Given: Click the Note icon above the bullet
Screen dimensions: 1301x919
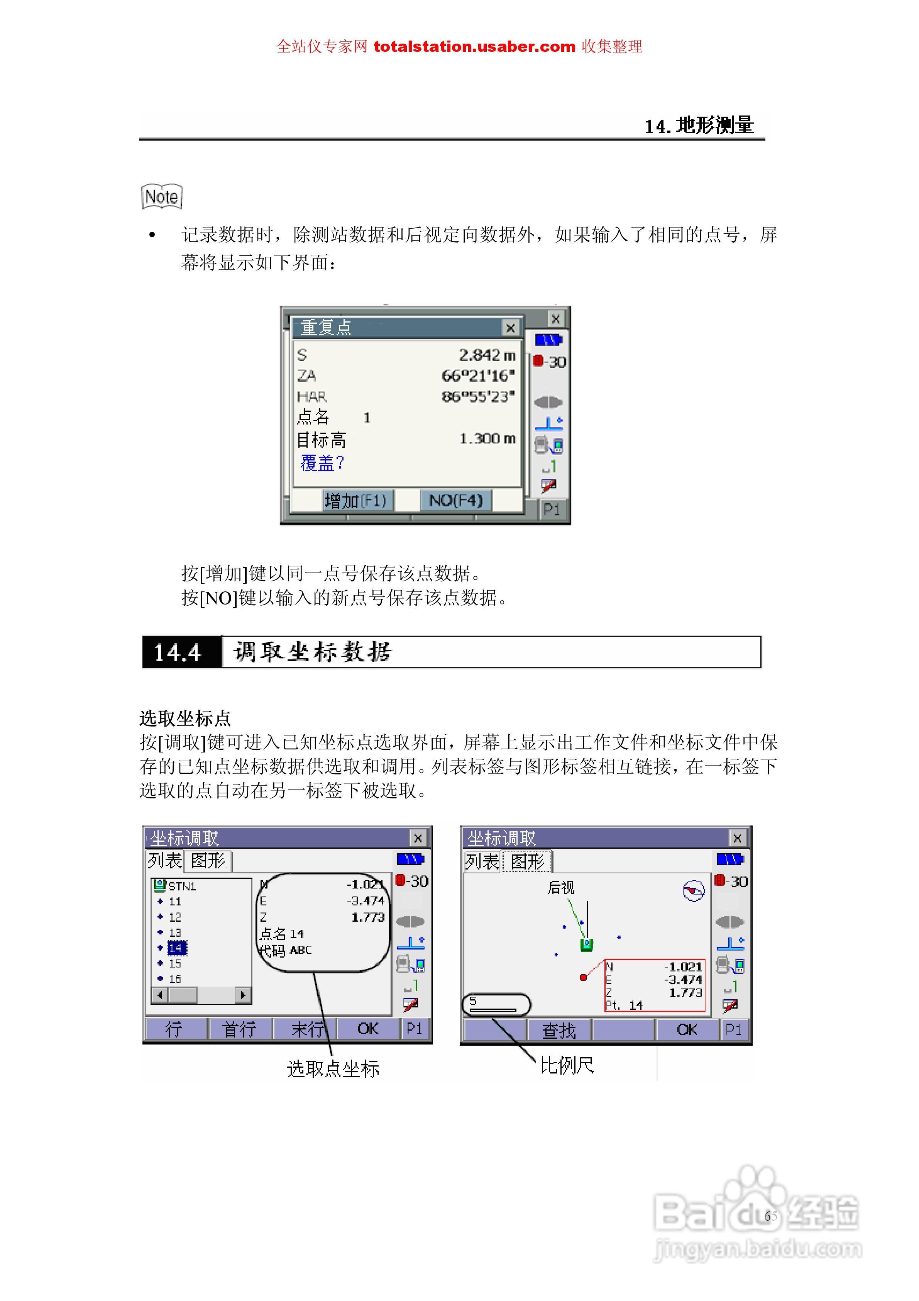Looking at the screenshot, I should (x=162, y=197).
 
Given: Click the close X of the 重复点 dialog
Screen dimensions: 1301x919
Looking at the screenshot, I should (x=510, y=328).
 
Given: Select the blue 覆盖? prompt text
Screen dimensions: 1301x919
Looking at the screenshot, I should (x=322, y=463).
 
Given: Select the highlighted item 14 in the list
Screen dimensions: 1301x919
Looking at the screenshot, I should (x=177, y=948).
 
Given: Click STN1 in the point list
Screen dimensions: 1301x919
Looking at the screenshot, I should (x=181, y=886).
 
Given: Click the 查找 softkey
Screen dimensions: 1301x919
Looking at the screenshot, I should (x=559, y=1030).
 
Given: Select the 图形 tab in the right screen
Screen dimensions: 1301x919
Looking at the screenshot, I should (x=527, y=862).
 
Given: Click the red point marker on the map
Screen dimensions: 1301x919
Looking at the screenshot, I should (x=583, y=977).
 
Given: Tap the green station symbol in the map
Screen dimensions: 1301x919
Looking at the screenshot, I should (x=587, y=944).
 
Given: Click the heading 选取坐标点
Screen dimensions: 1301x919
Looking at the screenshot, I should (x=185, y=718).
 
